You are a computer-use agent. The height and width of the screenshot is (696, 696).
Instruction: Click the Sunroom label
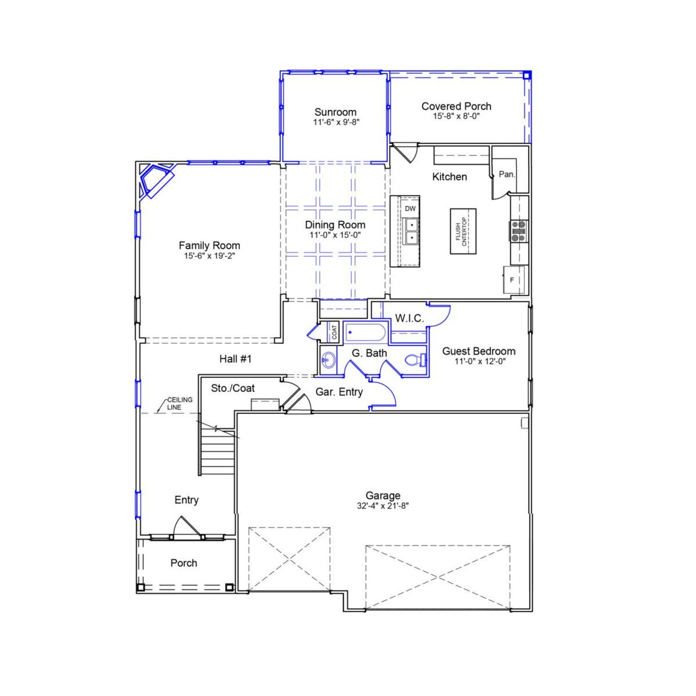tap(335, 112)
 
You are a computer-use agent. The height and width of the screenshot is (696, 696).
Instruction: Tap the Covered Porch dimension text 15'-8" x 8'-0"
tap(456, 116)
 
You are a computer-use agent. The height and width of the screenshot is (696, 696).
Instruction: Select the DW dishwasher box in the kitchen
tap(410, 208)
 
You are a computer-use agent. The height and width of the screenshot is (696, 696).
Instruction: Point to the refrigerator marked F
tap(512, 280)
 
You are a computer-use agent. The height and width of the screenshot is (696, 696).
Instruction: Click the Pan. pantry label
tap(507, 175)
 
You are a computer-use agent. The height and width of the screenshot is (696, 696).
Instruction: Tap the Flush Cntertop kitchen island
tap(461, 231)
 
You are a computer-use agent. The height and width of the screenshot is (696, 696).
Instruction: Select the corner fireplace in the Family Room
tap(154, 181)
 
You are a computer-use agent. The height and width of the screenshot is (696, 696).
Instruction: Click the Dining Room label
tap(335, 225)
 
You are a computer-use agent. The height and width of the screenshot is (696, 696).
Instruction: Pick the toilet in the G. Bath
tap(414, 360)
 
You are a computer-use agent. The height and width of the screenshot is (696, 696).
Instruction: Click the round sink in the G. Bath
tap(328, 359)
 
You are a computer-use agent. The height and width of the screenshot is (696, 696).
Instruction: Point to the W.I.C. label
tap(409, 318)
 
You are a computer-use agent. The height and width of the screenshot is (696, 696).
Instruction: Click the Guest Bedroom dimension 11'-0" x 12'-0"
tap(480, 361)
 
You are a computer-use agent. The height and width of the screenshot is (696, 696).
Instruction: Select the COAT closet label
tap(334, 332)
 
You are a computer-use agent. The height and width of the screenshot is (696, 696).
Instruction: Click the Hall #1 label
tap(235, 359)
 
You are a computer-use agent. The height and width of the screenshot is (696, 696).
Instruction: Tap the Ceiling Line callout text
tap(179, 403)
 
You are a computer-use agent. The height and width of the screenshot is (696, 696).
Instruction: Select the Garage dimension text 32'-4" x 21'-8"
tap(383, 505)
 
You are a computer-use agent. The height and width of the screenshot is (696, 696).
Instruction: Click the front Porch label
tap(184, 563)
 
